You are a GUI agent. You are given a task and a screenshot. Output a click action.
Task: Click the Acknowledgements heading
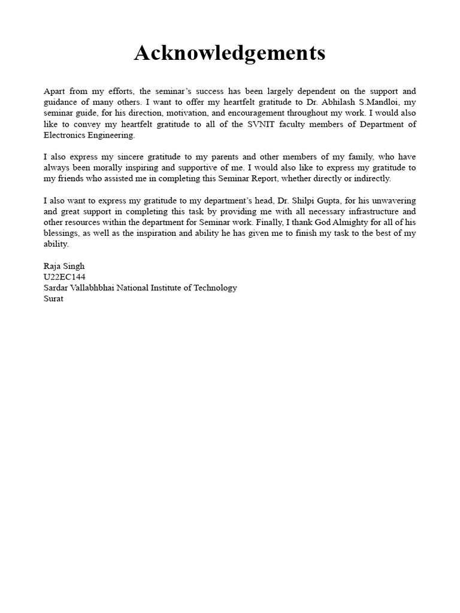click(x=229, y=53)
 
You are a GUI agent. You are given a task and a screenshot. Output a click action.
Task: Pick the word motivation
click(x=176, y=113)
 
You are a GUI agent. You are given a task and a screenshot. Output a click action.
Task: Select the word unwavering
click(x=394, y=201)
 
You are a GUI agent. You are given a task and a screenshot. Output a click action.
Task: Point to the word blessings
click(x=62, y=233)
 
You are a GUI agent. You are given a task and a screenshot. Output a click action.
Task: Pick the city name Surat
click(x=53, y=298)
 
